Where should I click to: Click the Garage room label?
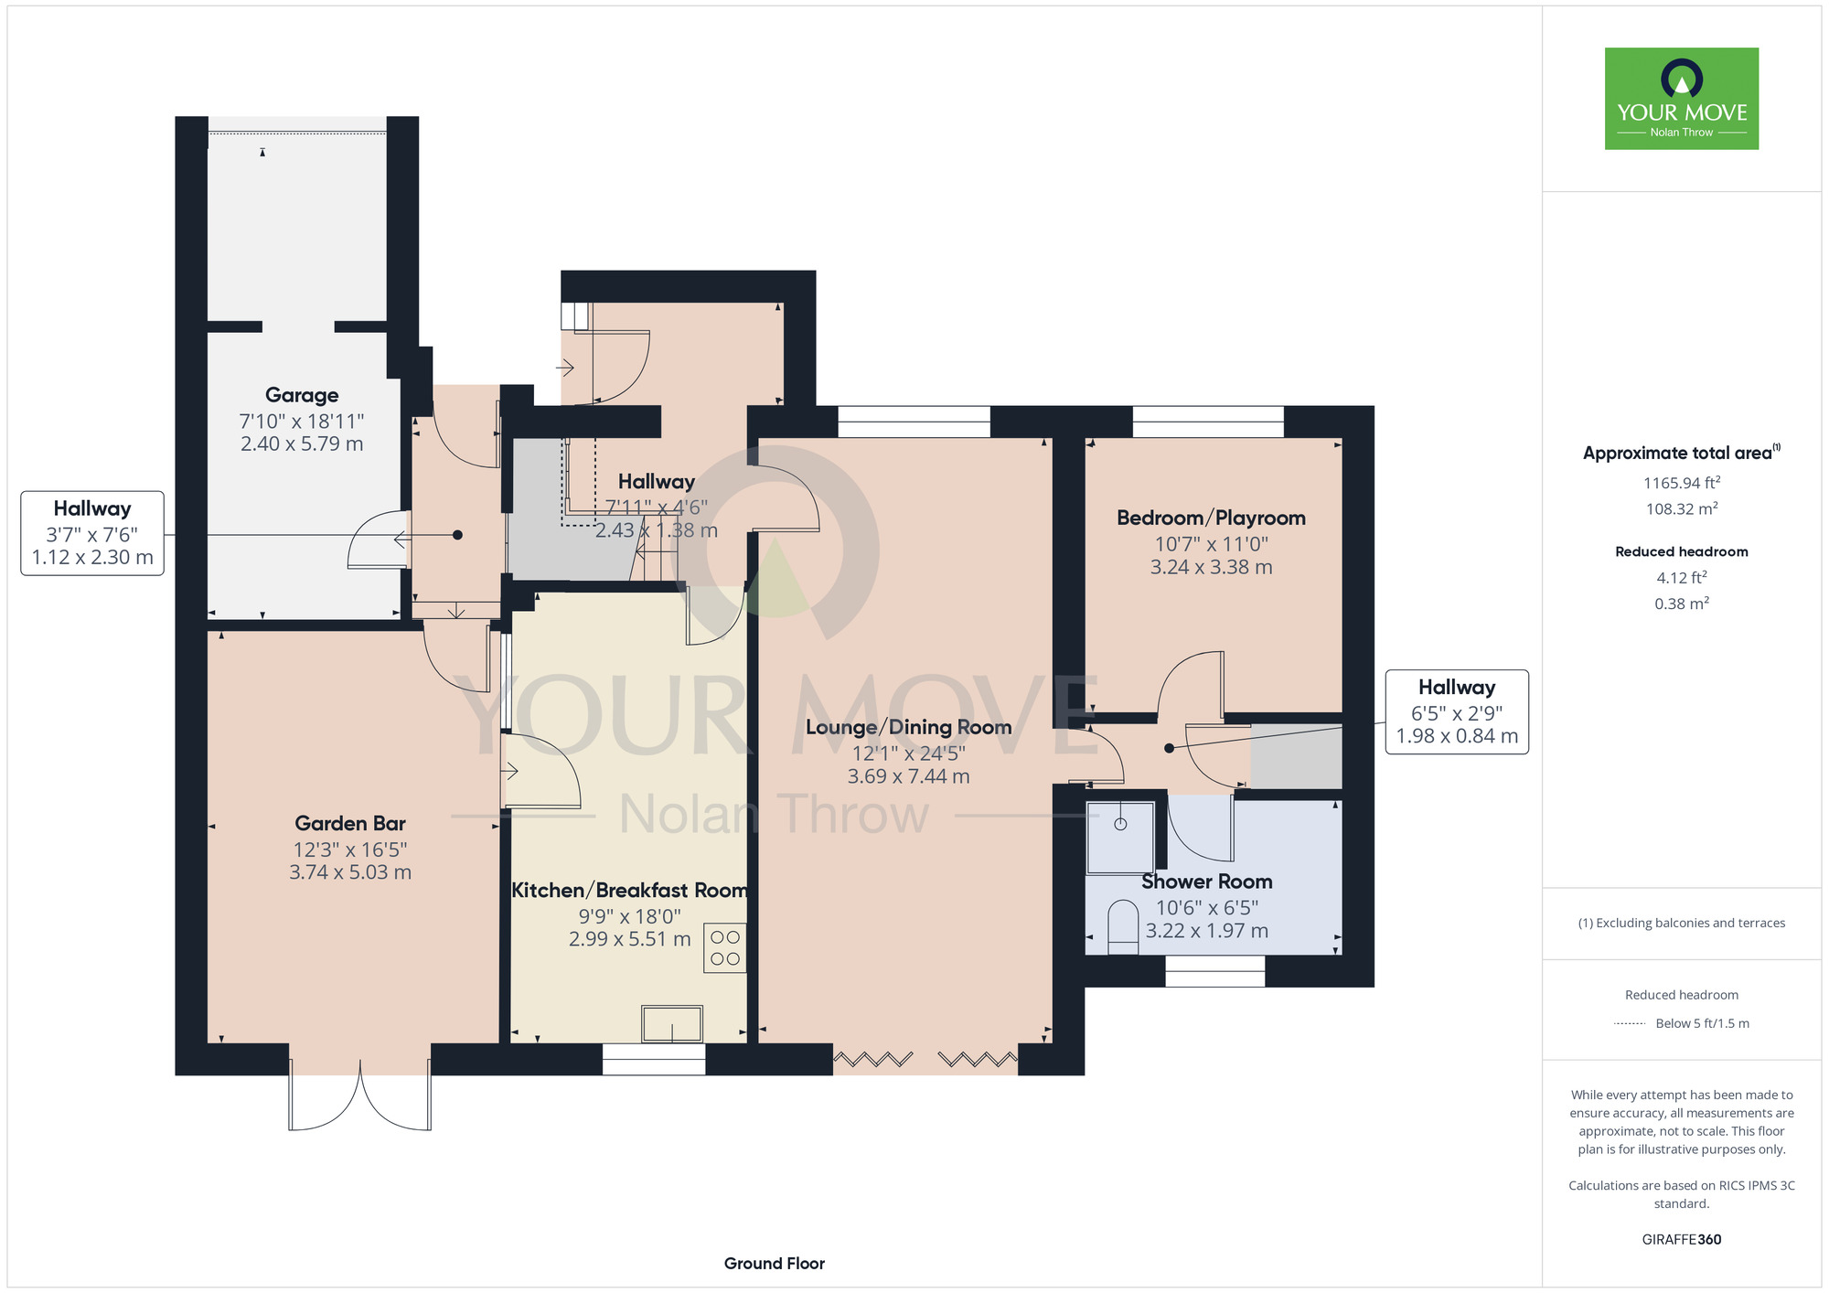(302, 395)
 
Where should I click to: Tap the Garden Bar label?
(350, 823)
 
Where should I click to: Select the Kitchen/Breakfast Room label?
(629, 890)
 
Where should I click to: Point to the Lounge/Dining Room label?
(908, 727)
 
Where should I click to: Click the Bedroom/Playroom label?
(1211, 518)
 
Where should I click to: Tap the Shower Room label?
(1207, 882)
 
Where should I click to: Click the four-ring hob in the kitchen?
(725, 947)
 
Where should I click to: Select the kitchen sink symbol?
(672, 1023)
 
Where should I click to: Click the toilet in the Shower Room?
(1123, 928)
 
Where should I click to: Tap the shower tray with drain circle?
(1120, 837)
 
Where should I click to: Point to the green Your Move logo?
(1682, 99)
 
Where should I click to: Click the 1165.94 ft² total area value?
(1682, 483)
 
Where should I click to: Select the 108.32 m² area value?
(1682, 508)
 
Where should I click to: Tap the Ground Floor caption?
(775, 1264)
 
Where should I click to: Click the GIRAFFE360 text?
(1682, 1240)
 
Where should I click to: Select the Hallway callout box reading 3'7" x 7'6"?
(92, 533)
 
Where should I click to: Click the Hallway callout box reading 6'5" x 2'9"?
(1457, 711)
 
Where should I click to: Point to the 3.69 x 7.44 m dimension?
(908, 776)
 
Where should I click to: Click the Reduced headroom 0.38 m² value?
(1682, 604)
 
